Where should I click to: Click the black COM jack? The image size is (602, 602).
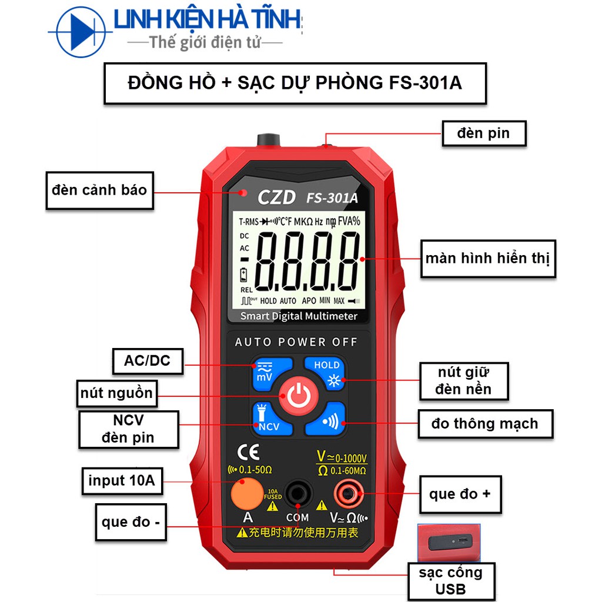point(297,495)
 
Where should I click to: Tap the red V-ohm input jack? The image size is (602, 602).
point(349,495)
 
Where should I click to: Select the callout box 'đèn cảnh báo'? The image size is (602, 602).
point(99,190)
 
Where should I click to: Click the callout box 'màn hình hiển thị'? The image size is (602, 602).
point(487,258)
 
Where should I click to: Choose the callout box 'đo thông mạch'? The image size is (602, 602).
point(485,424)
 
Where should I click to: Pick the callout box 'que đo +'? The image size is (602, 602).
point(460,494)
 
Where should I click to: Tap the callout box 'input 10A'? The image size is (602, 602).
point(122,481)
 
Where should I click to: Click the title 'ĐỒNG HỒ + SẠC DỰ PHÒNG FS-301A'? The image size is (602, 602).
point(295,83)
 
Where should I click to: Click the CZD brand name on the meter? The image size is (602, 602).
point(276,198)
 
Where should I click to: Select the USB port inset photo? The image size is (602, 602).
point(451,543)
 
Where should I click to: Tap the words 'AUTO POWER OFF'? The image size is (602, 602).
point(296,342)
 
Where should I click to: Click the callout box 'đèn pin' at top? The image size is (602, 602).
point(483,133)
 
